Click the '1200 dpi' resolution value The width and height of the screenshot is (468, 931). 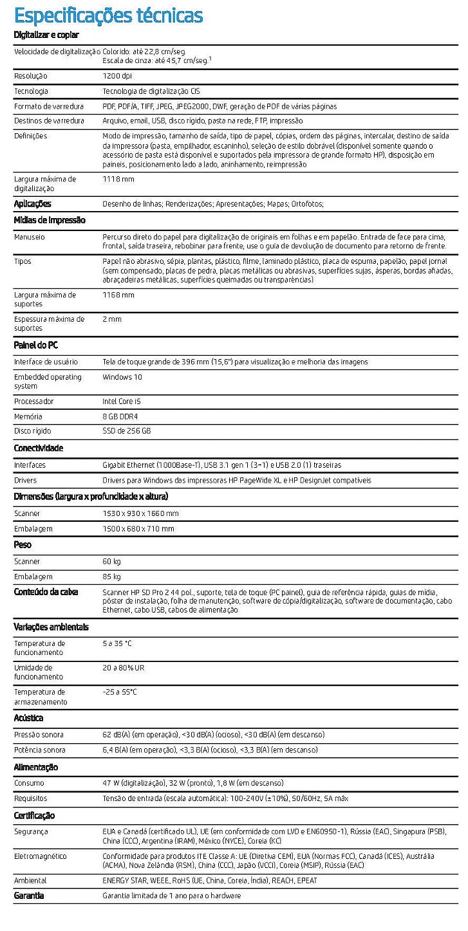(x=117, y=76)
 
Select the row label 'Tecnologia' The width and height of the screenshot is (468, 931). (x=31, y=91)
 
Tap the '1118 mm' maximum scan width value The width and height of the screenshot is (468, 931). (x=118, y=179)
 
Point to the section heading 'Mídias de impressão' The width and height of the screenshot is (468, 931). (x=50, y=220)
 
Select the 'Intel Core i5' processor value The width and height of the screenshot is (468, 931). (x=122, y=401)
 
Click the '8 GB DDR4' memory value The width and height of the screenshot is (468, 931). (x=120, y=416)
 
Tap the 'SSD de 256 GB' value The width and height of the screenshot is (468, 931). (x=126, y=431)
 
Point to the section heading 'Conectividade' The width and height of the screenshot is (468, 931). (x=39, y=448)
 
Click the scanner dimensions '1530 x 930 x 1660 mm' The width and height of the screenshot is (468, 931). (x=140, y=513)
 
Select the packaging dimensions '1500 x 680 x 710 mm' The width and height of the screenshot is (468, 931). (x=138, y=529)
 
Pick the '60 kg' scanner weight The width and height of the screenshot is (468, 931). (x=111, y=562)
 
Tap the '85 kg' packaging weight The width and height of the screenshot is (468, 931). (x=111, y=576)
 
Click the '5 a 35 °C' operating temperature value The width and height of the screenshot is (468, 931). (x=117, y=643)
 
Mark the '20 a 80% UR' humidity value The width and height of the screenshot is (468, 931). (x=124, y=668)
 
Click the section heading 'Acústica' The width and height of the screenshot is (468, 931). (x=29, y=717)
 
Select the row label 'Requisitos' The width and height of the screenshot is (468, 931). (x=30, y=798)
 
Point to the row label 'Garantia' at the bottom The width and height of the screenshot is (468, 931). (x=29, y=896)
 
